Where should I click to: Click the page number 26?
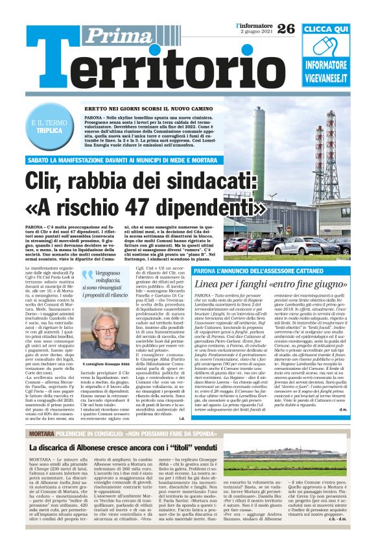pyautogui.click(x=285, y=28)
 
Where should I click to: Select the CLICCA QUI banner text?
pyautogui.click(x=325, y=30)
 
